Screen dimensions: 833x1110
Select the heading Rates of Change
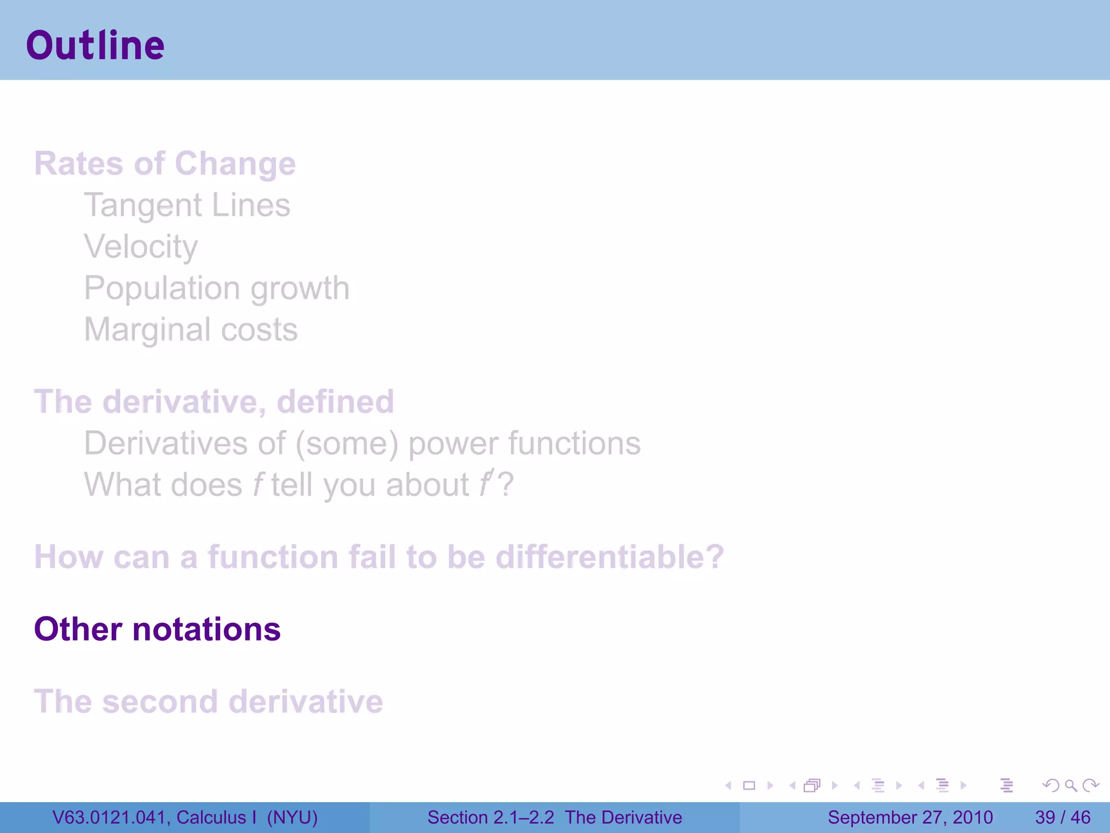click(165, 163)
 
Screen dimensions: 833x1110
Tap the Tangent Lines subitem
click(187, 205)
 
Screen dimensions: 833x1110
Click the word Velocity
click(141, 247)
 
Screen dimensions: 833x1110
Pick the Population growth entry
click(216, 288)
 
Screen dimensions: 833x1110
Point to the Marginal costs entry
click(191, 329)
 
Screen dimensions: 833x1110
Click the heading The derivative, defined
click(214, 401)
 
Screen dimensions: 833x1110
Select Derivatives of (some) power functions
click(362, 443)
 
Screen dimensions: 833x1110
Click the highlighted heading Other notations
click(157, 629)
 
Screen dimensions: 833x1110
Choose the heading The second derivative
click(208, 701)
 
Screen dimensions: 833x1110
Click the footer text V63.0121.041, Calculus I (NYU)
click(185, 817)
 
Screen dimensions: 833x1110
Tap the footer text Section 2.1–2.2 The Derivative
click(554, 817)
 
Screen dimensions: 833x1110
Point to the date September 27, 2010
click(910, 817)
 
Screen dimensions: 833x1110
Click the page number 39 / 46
click(1062, 817)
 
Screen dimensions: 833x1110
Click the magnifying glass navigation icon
click(1070, 785)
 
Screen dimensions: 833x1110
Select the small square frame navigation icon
click(749, 785)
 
